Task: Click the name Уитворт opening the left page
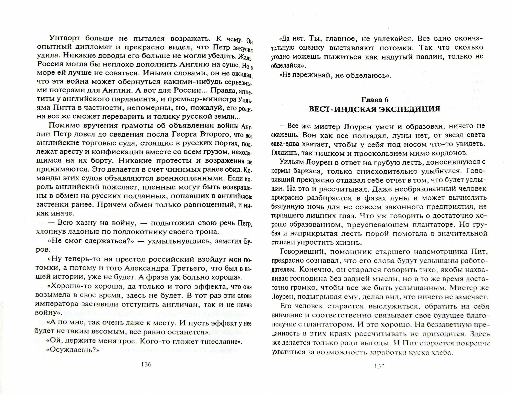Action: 65,38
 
